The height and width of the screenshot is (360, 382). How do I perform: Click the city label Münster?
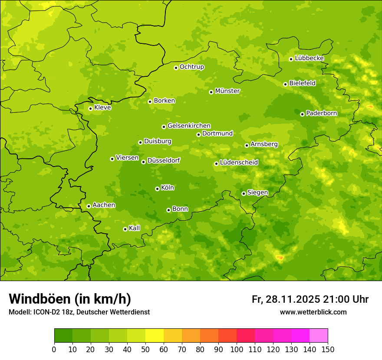click(x=227, y=91)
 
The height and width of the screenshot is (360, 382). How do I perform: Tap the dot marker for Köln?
click(x=157, y=189)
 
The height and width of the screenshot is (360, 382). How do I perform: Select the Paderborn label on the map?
click(x=321, y=113)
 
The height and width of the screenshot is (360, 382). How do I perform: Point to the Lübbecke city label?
click(x=309, y=58)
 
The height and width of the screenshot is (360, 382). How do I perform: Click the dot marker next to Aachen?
click(x=89, y=206)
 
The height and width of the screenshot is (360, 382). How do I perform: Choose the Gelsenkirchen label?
click(x=189, y=126)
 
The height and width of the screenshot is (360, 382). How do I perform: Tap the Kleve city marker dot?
click(x=90, y=108)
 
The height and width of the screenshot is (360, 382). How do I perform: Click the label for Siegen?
click(x=257, y=193)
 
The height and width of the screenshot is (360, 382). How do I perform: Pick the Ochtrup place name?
click(x=191, y=67)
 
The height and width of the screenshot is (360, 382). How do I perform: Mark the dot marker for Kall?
click(x=125, y=229)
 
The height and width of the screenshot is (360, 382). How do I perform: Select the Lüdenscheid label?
click(x=239, y=163)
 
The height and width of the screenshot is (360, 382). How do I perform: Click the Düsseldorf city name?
click(x=163, y=160)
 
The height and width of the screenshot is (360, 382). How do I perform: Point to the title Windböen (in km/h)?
click(x=70, y=299)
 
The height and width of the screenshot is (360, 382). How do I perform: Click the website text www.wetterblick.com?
click(x=313, y=312)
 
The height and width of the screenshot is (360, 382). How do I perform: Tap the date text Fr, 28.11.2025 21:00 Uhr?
click(x=310, y=299)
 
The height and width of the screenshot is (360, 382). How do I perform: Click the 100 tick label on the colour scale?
click(x=237, y=350)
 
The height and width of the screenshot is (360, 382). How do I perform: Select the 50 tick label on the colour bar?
click(x=145, y=350)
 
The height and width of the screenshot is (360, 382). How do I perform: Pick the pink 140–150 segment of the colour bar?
click(x=318, y=336)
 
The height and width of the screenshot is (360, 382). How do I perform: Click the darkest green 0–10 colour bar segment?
click(x=63, y=336)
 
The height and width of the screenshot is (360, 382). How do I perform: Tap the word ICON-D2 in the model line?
click(x=42, y=312)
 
